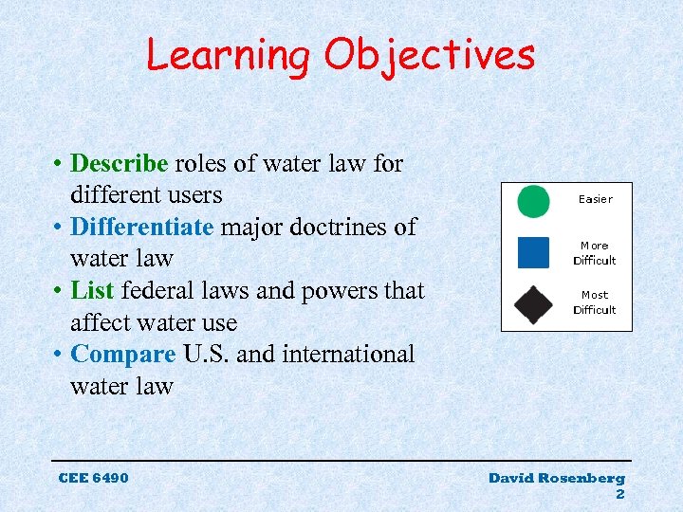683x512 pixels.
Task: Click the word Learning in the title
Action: [228, 55]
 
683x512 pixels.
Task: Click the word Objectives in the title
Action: [430, 55]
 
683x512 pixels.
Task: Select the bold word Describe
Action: [120, 164]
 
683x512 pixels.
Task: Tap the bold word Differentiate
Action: [142, 228]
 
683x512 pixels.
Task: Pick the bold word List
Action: [92, 291]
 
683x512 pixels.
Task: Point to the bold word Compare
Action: [123, 355]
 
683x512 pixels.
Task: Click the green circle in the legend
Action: [533, 201]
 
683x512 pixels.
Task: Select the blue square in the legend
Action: [533, 252]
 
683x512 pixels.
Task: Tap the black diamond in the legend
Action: [533, 303]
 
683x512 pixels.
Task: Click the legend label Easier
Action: [596, 199]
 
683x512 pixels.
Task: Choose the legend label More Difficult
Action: [595, 253]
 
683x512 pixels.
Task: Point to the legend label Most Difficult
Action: [595, 302]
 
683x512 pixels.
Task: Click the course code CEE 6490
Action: [93, 478]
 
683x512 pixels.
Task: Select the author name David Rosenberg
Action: [557, 478]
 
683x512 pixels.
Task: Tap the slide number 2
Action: [620, 494]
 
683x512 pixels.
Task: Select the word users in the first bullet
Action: [194, 195]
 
